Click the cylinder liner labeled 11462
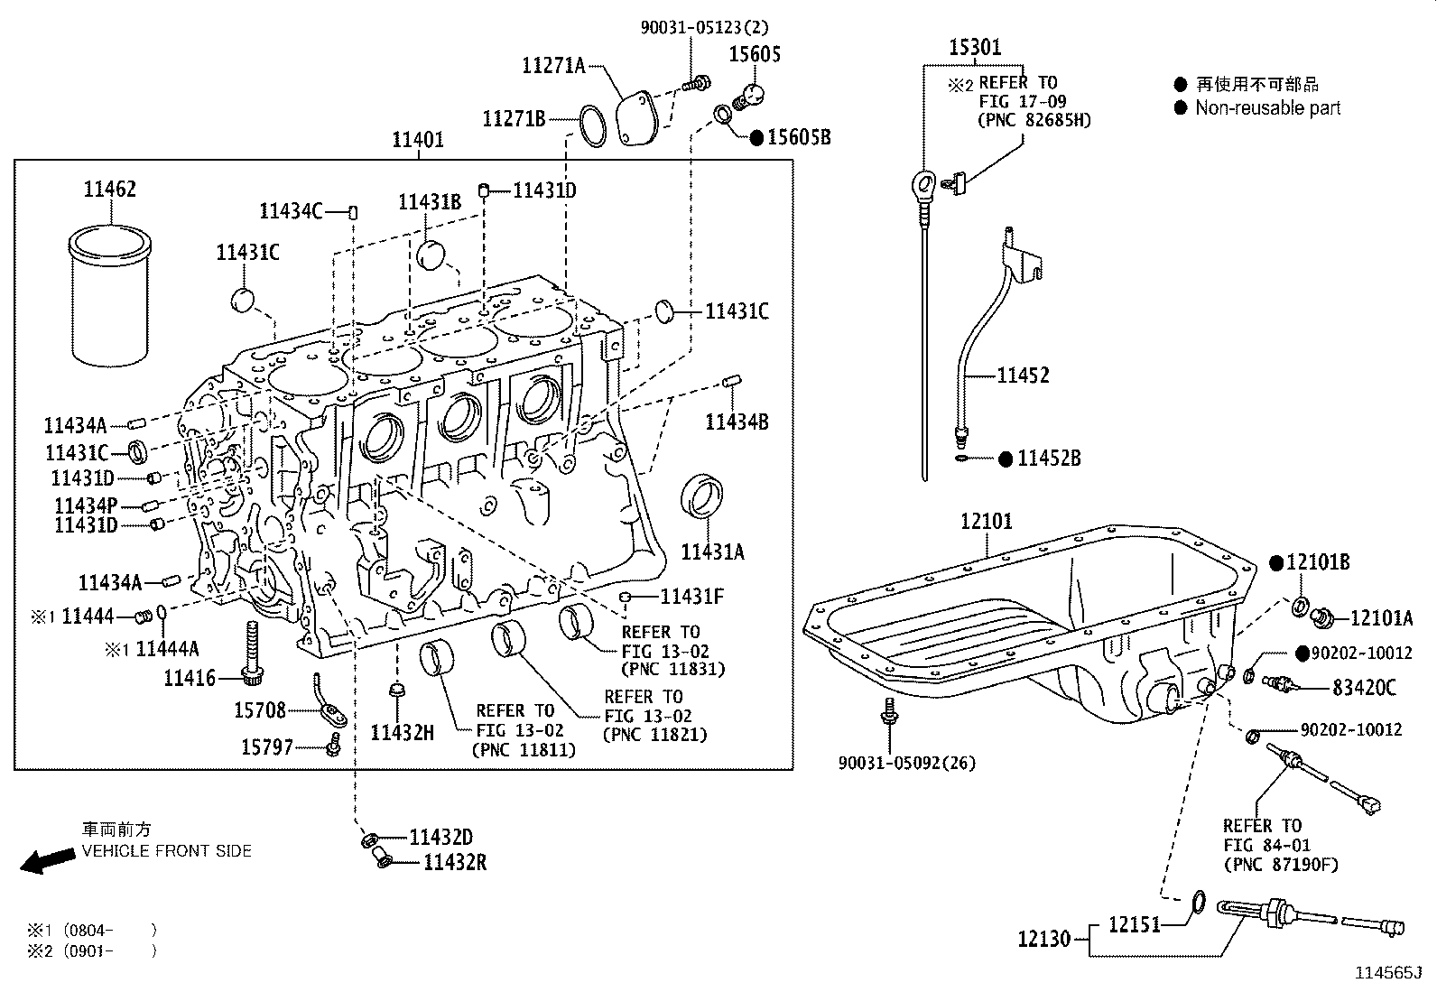(x=109, y=298)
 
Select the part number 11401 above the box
(x=417, y=141)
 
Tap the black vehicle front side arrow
(x=48, y=860)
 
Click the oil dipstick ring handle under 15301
(x=922, y=184)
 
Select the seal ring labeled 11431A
(x=703, y=496)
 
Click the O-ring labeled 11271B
(x=592, y=124)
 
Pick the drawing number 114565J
(x=1387, y=973)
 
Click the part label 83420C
(x=1364, y=688)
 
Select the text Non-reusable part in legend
(x=1267, y=108)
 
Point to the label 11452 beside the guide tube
(x=1023, y=375)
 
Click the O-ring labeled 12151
(x=1198, y=901)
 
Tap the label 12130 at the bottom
(x=1043, y=940)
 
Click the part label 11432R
(x=455, y=863)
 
